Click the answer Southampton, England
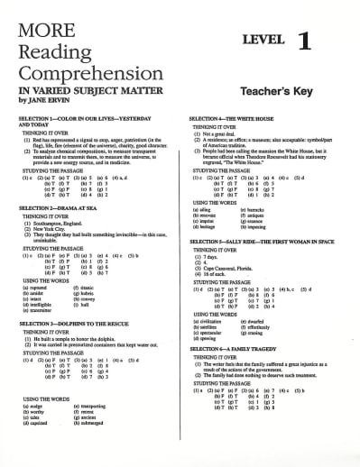point(58,223)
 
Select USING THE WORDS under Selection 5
point(217,311)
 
